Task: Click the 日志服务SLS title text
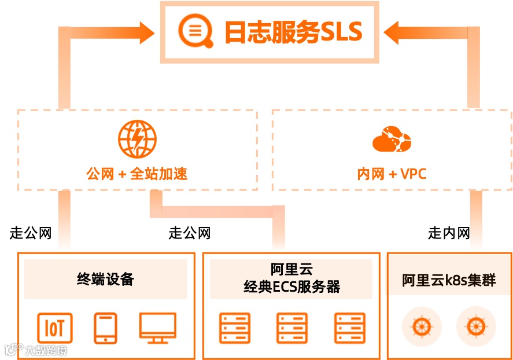point(293,31)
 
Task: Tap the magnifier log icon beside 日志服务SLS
point(192,31)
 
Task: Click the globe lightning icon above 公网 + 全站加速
point(137,139)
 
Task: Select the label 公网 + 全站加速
point(137,174)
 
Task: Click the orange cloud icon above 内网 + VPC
point(392,141)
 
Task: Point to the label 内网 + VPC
point(392,174)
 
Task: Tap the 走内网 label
point(449,233)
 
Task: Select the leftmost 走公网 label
point(31,233)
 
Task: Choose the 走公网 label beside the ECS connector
point(190,233)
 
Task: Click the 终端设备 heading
point(105,279)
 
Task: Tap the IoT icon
point(55,328)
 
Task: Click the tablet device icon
point(105,328)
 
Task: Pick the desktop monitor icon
point(157,328)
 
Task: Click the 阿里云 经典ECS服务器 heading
point(291,278)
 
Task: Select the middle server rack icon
point(291,328)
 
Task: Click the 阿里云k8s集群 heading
point(449,280)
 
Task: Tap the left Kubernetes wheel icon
point(422,326)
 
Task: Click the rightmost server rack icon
point(350,328)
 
